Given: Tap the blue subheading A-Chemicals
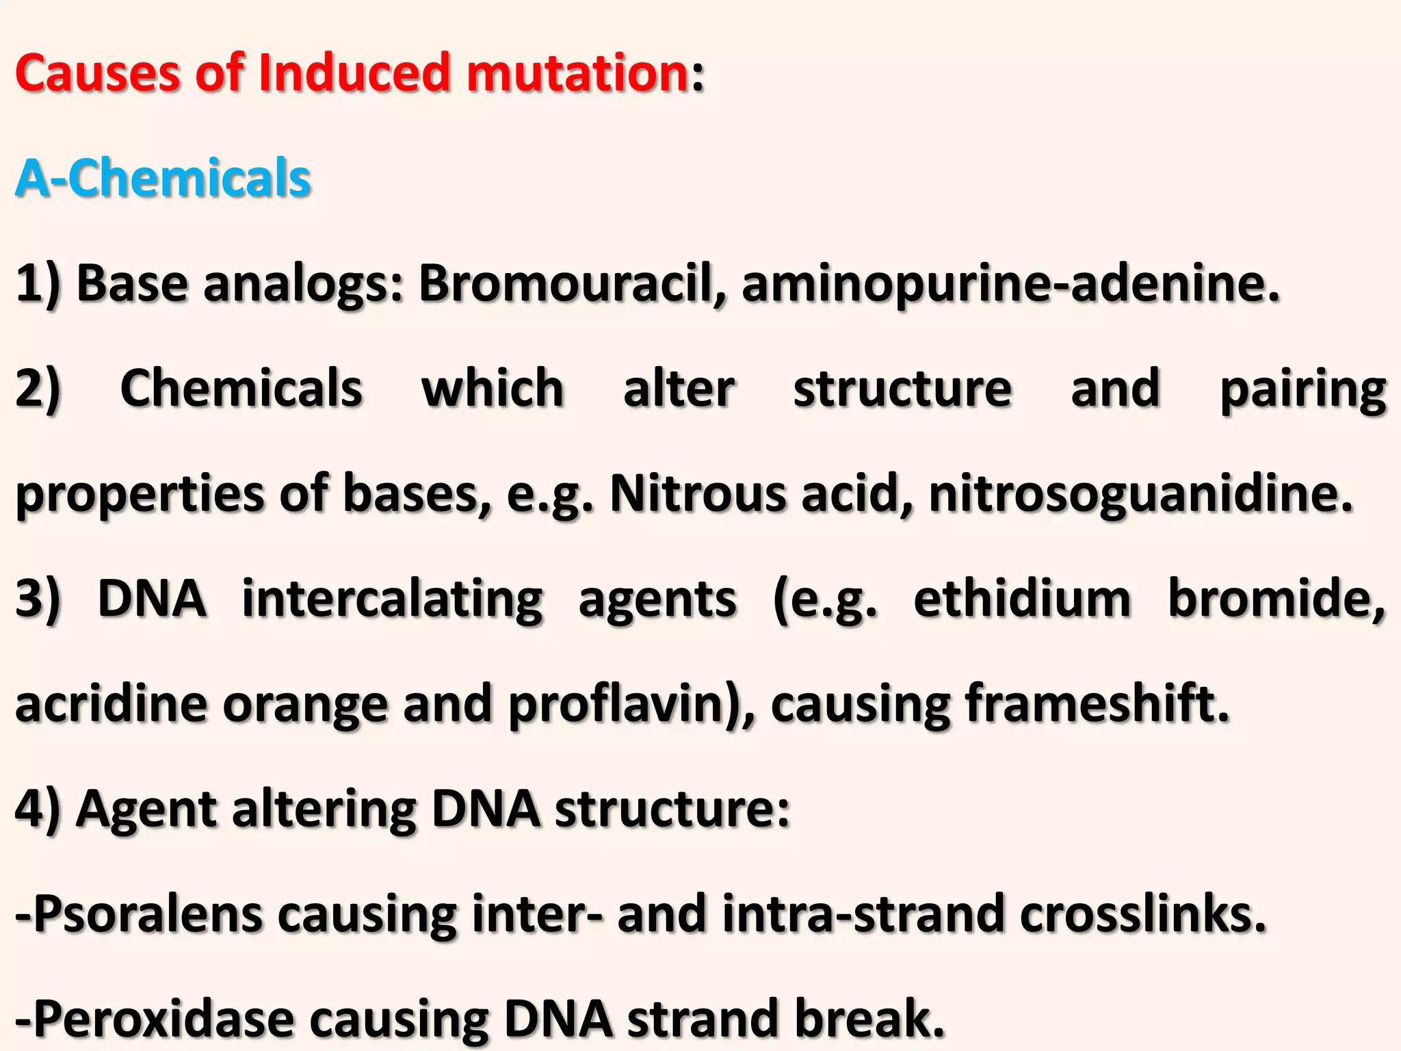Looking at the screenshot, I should point(163,178).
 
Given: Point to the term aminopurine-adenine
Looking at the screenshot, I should point(1010,283).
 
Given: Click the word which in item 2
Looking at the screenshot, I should point(493,388).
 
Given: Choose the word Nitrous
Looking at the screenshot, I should point(697,493).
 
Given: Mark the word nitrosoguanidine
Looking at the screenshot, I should point(1141,495).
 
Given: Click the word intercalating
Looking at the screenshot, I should point(393,599).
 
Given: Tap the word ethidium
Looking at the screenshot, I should point(1022,599).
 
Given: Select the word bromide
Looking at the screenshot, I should point(1276,599).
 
